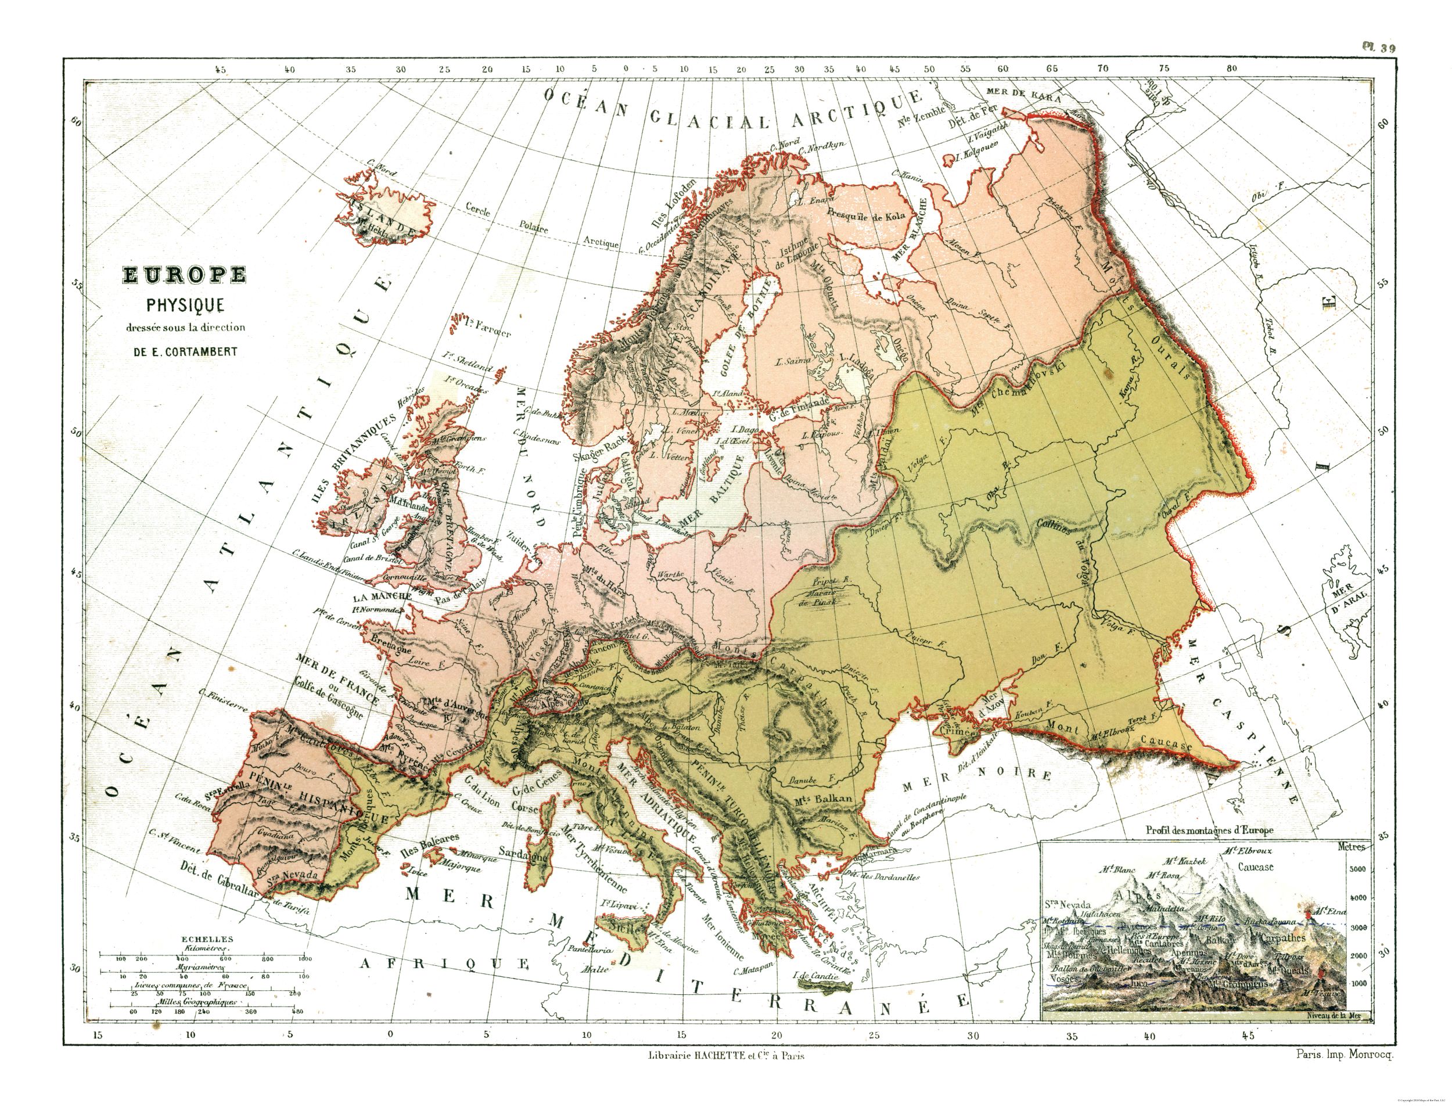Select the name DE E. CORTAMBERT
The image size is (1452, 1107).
coord(185,351)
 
